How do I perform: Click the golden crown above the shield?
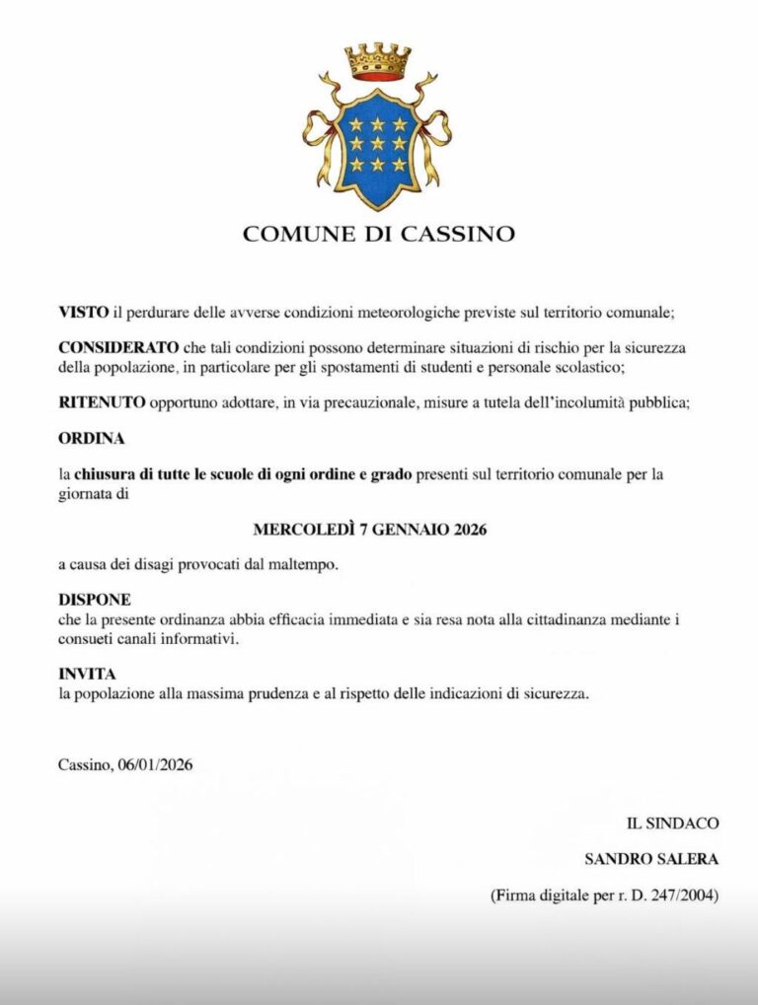[x=379, y=62]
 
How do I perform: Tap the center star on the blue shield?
[x=378, y=144]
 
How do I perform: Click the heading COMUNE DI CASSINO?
[x=379, y=234]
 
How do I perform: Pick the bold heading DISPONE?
[x=95, y=600]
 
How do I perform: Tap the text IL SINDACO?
[x=672, y=823]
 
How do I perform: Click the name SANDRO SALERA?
[x=651, y=859]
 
